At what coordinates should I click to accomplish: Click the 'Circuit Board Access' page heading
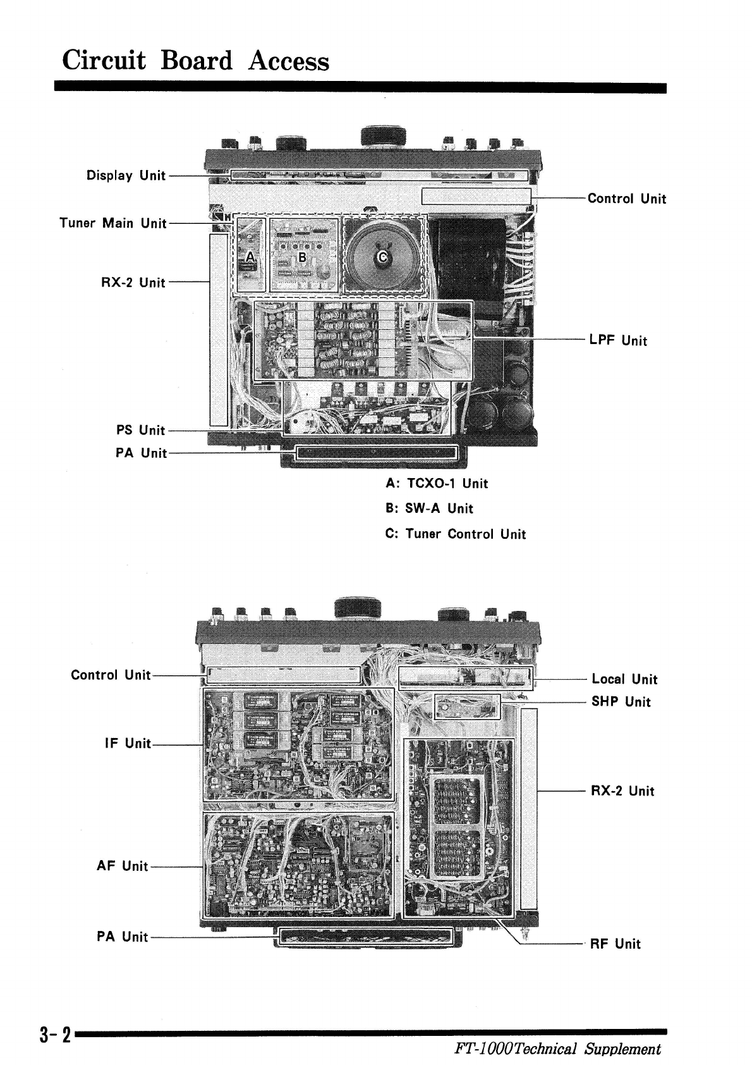196,61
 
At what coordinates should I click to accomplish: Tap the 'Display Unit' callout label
126,175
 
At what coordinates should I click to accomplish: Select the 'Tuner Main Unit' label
112,223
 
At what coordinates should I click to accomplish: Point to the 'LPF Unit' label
618,340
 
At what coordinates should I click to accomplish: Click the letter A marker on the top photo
250,256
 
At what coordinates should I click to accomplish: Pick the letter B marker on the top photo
302,257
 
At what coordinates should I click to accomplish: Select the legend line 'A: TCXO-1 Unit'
437,484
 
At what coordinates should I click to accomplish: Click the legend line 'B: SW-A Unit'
429,508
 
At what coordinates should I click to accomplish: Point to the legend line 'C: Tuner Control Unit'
456,534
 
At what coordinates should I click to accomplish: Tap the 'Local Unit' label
624,679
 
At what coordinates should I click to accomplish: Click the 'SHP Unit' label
621,701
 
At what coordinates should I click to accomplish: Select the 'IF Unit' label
128,743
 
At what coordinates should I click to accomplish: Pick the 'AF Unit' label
123,866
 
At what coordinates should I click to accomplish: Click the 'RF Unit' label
615,944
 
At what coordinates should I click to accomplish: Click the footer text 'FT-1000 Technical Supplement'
557,1049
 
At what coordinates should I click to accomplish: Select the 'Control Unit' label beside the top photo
626,199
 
